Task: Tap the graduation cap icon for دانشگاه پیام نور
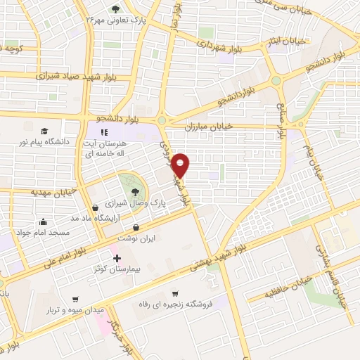[x=44, y=131]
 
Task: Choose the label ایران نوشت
[x=136, y=239]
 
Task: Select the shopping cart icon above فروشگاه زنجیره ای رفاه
[x=175, y=294]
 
